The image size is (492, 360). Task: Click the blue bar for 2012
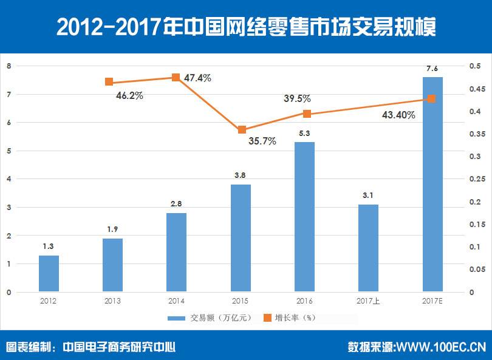49,274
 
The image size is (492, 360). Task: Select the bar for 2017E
432,185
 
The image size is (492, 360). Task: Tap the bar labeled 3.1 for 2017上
368,248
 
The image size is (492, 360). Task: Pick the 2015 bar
241,238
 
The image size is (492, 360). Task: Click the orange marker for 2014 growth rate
176,77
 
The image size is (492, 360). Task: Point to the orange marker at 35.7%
241,129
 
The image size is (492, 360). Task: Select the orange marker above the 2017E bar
432,98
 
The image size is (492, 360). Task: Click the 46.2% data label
129,95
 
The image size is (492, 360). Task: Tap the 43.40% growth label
398,115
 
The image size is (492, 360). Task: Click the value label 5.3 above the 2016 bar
305,134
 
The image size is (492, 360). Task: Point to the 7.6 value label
432,69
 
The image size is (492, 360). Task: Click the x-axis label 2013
113,301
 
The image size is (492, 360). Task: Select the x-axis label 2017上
369,301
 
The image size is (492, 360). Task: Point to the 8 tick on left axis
9,66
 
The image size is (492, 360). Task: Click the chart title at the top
245,27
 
